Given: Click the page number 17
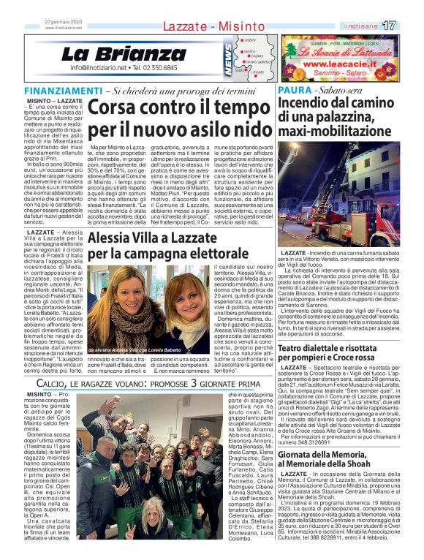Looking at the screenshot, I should tap(409, 26).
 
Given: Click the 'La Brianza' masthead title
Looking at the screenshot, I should tap(124, 54).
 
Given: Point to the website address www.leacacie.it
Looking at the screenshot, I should tap(339, 64).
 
